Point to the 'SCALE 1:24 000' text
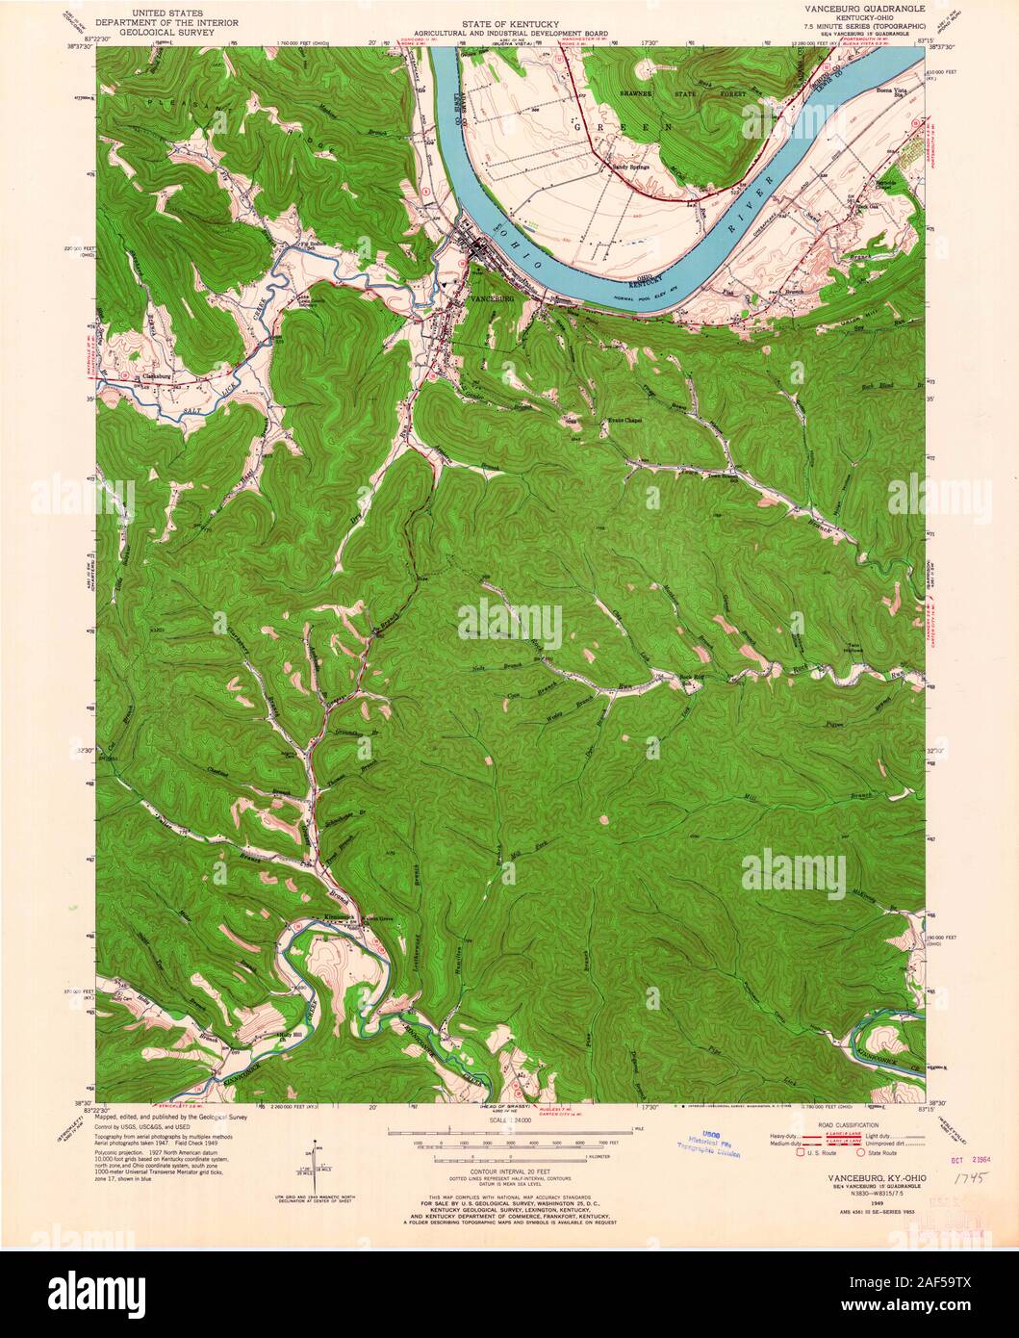click(x=509, y=1121)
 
